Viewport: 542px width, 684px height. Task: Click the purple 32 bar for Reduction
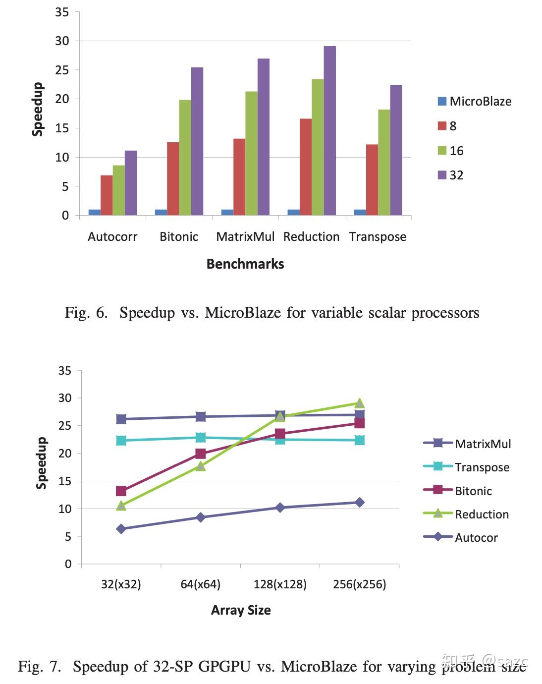(x=330, y=131)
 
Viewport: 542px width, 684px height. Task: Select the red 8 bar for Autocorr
(x=107, y=195)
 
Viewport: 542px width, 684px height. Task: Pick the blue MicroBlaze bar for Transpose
(x=360, y=212)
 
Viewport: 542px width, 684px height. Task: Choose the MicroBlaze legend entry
(x=474, y=102)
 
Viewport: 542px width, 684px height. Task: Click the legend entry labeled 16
(x=451, y=151)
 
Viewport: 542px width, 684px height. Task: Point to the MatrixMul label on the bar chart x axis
(x=245, y=237)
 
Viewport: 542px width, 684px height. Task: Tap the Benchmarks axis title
(x=245, y=264)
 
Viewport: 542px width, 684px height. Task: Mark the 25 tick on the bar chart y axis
(x=62, y=70)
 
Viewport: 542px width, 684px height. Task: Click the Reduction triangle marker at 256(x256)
(x=360, y=403)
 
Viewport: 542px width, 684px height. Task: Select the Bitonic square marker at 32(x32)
(x=121, y=491)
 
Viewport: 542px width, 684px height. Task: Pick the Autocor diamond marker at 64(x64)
(x=201, y=517)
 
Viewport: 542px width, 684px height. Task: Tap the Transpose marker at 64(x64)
(x=201, y=438)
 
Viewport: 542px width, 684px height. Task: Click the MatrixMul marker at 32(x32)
(x=121, y=419)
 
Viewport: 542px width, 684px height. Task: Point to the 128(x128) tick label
(x=280, y=584)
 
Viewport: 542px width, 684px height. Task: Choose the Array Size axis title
(x=241, y=610)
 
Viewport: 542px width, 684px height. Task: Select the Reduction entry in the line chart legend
(x=482, y=514)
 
